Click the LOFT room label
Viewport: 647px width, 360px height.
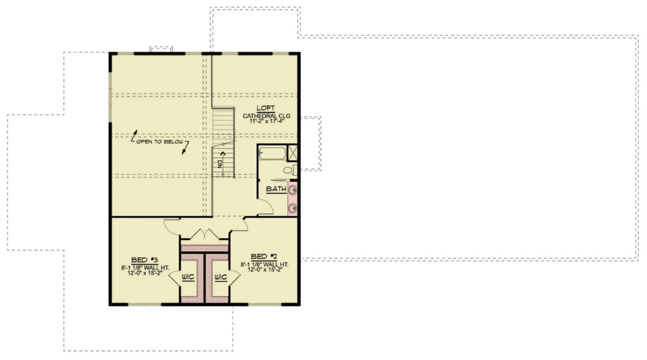click(264, 109)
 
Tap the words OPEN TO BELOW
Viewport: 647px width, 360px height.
click(160, 142)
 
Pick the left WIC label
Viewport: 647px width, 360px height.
click(188, 277)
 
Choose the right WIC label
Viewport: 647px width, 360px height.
click(221, 277)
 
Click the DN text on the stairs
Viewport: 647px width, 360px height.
click(221, 163)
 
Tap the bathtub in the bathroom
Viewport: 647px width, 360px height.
click(272, 153)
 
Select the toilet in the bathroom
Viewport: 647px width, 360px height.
click(288, 169)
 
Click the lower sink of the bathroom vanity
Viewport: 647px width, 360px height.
click(293, 206)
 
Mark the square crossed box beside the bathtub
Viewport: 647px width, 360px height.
click(293, 153)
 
